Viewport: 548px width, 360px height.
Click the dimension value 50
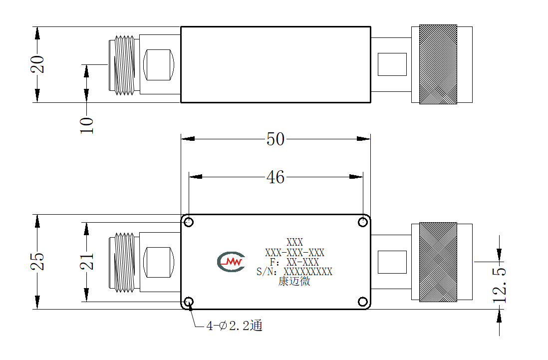point(275,139)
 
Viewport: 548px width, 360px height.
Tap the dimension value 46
point(275,177)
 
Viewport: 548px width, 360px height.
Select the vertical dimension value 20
point(38,64)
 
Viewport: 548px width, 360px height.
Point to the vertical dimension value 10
point(87,125)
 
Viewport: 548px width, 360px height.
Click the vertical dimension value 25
point(38,262)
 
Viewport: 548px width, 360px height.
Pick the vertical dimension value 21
point(87,262)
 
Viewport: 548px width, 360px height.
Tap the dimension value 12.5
point(500,285)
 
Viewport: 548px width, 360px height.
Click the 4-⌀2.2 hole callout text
point(234,326)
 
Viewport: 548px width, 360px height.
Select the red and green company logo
point(231,262)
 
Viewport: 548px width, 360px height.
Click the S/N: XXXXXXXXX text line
point(294,272)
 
